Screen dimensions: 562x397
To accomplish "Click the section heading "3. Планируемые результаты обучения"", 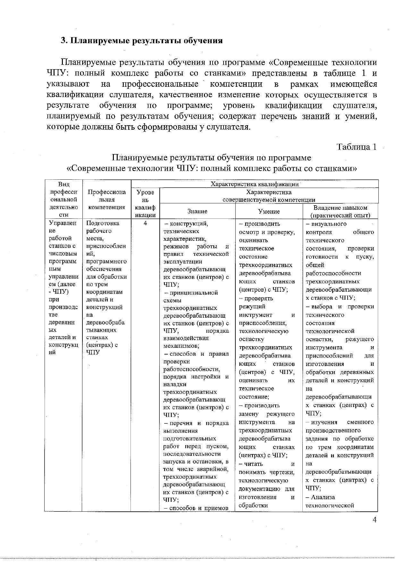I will tap(142, 41).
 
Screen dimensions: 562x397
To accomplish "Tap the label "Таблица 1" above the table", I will tap(356, 147).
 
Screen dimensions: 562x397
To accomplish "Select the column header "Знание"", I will tap(197, 211).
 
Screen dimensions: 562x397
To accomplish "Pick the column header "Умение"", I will tap(269, 211).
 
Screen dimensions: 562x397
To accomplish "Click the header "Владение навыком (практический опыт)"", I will tap(340, 211).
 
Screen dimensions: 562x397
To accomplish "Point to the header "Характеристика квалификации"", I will tap(255, 184).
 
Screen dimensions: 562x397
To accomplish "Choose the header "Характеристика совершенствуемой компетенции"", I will tap(269, 196).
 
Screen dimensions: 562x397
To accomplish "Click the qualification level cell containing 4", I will tap(145, 224).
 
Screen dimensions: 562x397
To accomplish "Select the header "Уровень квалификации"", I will tap(145, 204).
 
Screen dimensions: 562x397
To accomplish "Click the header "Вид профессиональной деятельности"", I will tap(63, 200).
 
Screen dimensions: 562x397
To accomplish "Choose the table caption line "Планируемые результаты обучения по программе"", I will tap(211, 158).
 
